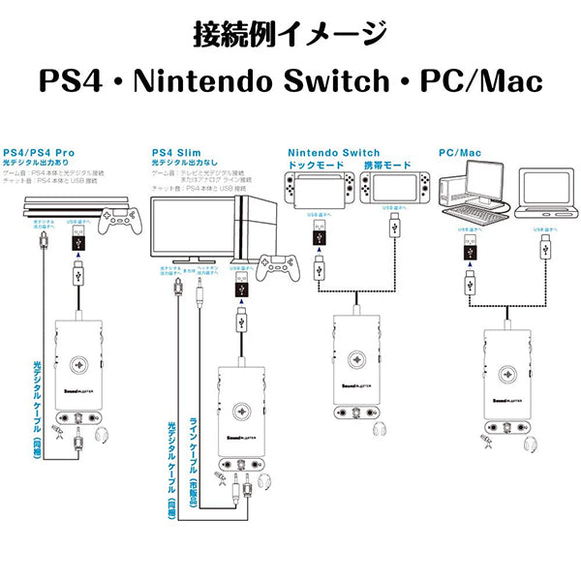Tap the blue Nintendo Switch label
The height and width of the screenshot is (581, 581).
[x=335, y=152]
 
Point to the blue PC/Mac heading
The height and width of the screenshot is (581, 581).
[x=460, y=152]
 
